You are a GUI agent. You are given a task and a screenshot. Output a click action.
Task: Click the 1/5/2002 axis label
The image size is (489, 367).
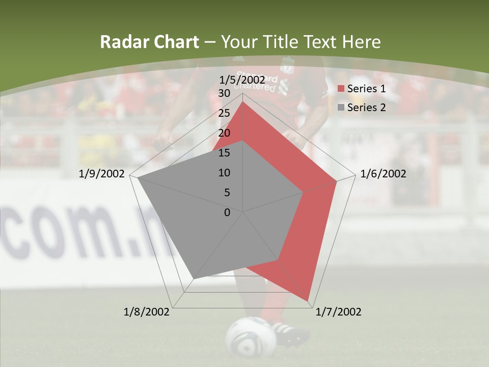click(x=242, y=80)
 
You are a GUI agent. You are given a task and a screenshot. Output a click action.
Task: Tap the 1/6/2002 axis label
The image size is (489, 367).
click(x=383, y=174)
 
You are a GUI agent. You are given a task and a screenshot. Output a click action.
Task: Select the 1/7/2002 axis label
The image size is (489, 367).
click(x=339, y=312)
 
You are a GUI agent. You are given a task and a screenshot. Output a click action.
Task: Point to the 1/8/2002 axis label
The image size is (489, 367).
click(x=147, y=312)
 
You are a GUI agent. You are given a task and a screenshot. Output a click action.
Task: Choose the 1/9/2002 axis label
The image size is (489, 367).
click(x=102, y=174)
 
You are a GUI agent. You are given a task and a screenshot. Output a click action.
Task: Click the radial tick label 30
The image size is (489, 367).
click(x=224, y=93)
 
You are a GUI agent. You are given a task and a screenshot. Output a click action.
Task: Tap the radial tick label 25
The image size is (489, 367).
click(x=224, y=113)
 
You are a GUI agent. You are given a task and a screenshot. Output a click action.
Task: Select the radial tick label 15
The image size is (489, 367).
click(x=224, y=153)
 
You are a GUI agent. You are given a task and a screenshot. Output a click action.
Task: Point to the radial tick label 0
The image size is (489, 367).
click(x=227, y=213)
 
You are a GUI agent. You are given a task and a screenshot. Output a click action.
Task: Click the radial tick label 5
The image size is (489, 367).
click(x=227, y=193)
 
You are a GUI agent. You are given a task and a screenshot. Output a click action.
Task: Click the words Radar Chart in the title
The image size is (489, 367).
click(x=149, y=42)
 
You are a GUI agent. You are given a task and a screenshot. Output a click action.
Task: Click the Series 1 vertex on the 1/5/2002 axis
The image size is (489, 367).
click(x=242, y=102)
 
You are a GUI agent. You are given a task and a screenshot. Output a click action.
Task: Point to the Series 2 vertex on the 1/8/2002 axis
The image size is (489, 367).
click(x=194, y=278)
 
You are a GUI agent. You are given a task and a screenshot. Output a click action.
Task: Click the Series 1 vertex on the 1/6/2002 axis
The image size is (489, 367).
click(x=337, y=181)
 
